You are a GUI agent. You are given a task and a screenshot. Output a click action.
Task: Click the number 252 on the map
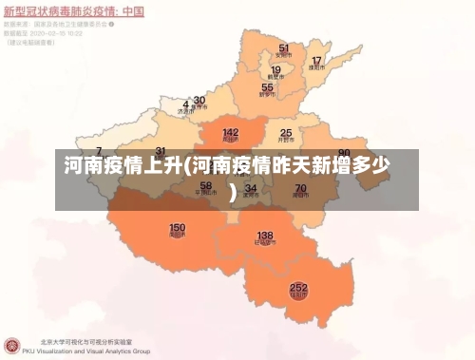click(298, 286)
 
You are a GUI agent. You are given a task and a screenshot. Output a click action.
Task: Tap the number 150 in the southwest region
click(177, 228)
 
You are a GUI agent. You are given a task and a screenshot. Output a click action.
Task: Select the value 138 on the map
click(265, 236)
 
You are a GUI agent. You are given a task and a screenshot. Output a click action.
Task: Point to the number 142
click(231, 133)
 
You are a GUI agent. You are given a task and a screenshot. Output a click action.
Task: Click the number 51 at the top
click(284, 47)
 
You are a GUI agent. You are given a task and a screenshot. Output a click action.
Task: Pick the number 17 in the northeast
click(316, 62)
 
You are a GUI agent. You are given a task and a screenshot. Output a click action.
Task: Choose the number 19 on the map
click(275, 69)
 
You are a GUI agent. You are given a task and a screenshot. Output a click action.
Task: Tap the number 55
click(267, 88)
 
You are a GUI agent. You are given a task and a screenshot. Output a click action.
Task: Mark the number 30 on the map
click(199, 100)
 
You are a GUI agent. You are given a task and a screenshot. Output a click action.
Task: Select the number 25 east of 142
click(285, 133)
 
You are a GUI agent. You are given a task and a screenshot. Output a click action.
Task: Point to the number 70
click(300, 188)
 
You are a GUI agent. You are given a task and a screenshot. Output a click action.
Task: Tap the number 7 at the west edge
click(99, 152)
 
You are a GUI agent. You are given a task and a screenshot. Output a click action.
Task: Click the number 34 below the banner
click(250, 188)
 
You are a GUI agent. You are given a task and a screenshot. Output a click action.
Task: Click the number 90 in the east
click(344, 153)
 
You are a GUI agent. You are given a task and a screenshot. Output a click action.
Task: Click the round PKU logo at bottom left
click(12, 344)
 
